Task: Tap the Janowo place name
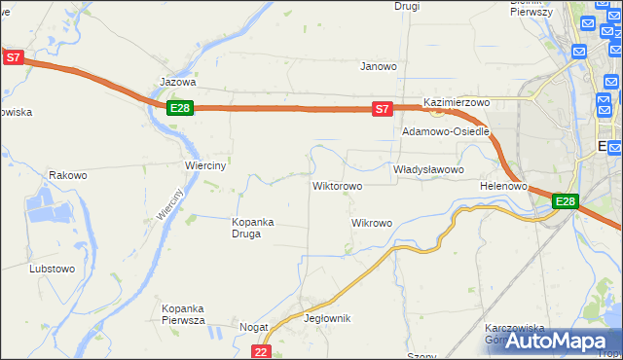[379, 67]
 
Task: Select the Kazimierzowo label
[456, 102]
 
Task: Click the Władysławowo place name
[428, 169]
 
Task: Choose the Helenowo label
[503, 185]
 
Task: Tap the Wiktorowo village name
[337, 185]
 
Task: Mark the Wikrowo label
[371, 223]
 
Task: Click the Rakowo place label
[68, 176]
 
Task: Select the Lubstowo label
[53, 268]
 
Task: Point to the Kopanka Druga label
[252, 227]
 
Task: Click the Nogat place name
[253, 328]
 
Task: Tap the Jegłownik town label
[327, 318]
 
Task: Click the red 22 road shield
[260, 351]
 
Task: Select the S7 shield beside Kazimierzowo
[383, 109]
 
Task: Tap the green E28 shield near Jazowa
[179, 108]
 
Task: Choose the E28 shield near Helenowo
[566, 201]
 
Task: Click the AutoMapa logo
[559, 342]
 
